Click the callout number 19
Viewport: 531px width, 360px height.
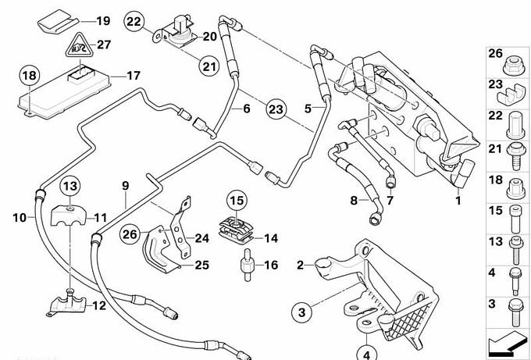tap(104, 20)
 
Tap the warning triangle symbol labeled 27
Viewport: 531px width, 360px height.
tap(76, 50)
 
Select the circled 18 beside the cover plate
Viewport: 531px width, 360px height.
tap(29, 76)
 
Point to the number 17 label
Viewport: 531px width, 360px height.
tap(133, 76)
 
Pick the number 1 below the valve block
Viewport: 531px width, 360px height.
tap(458, 201)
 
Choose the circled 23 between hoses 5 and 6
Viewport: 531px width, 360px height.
tap(275, 109)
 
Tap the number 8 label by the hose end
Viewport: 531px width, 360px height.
tap(354, 201)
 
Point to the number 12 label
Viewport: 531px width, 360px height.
tap(99, 305)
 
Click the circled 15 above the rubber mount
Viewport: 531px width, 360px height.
tap(237, 200)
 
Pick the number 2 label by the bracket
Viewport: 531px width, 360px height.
tap(300, 266)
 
